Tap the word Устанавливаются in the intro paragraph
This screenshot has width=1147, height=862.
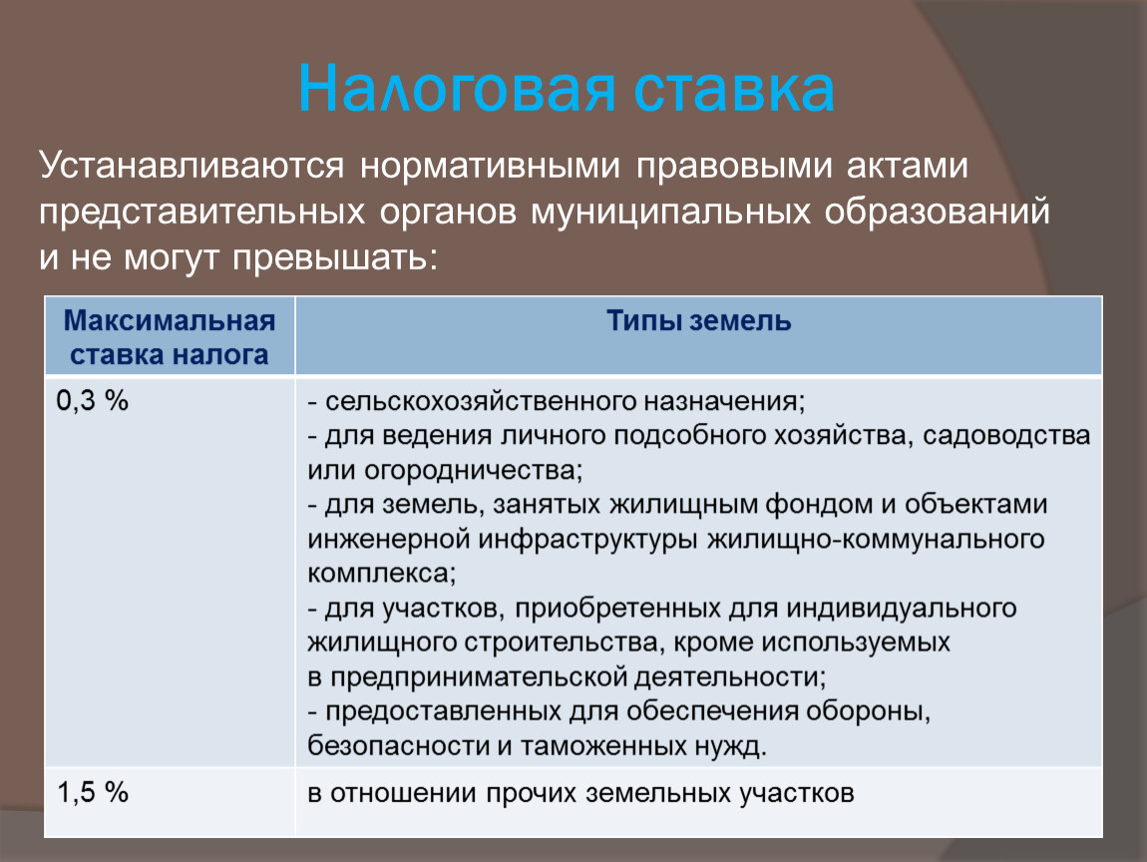(x=191, y=166)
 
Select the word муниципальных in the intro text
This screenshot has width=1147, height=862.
(x=671, y=213)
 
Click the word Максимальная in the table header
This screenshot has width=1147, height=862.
(x=170, y=320)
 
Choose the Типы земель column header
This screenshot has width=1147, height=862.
(x=698, y=320)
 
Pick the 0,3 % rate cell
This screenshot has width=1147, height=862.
(x=92, y=400)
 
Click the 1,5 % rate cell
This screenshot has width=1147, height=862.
(x=93, y=792)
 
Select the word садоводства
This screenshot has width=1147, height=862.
(x=1005, y=435)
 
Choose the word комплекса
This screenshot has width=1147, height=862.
(x=379, y=573)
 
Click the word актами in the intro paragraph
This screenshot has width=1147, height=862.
(x=907, y=166)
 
